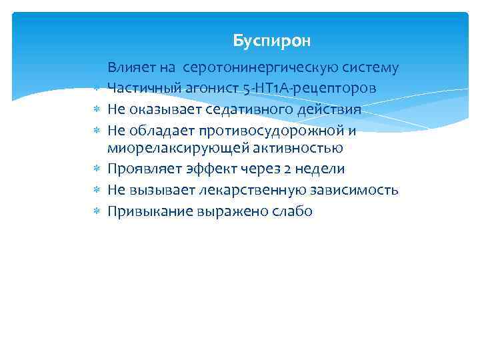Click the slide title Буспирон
click(x=272, y=41)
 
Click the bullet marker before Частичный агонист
click(x=96, y=89)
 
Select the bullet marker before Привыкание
click(x=96, y=212)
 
